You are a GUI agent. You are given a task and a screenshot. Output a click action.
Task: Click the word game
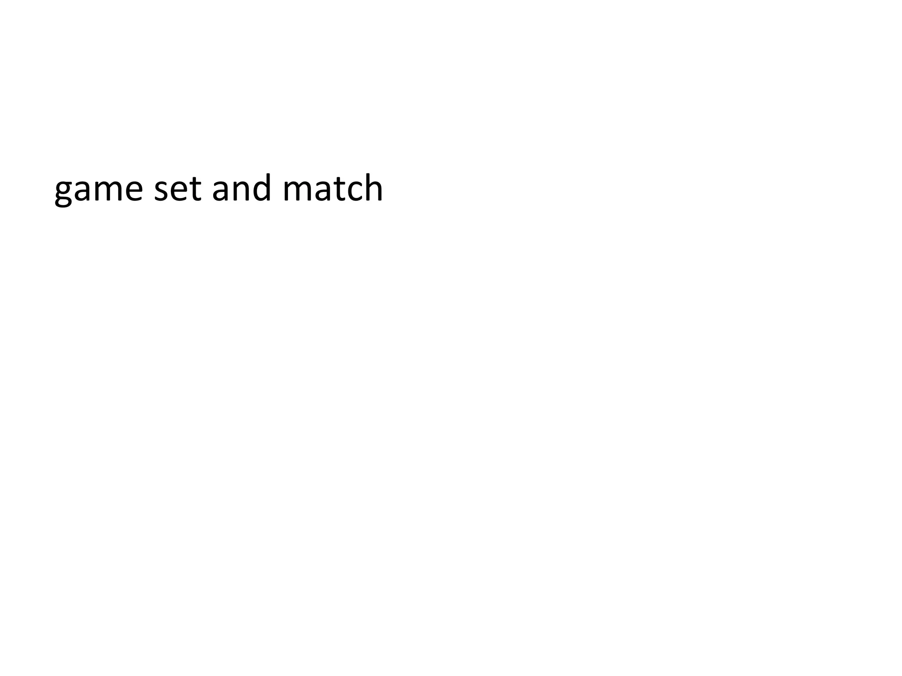pyautogui.click(x=99, y=189)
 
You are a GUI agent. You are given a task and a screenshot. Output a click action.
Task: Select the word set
pyautogui.click(x=177, y=189)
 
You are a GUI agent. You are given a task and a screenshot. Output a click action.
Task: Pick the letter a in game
pyautogui.click(x=83, y=190)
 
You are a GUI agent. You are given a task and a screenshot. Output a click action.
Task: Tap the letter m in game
pyautogui.click(x=109, y=190)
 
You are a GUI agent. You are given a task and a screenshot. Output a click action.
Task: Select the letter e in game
pyautogui.click(x=133, y=190)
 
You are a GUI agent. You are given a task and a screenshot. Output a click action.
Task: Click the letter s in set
pyautogui.click(x=161, y=190)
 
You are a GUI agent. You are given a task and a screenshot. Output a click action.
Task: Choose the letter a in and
pyautogui.click(x=221, y=190)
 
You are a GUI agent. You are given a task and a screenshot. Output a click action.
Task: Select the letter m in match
pyautogui.click(x=296, y=190)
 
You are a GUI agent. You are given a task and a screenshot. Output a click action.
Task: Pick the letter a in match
pyautogui.click(x=322, y=190)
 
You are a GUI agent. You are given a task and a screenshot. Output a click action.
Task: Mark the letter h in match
pyautogui.click(x=373, y=188)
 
